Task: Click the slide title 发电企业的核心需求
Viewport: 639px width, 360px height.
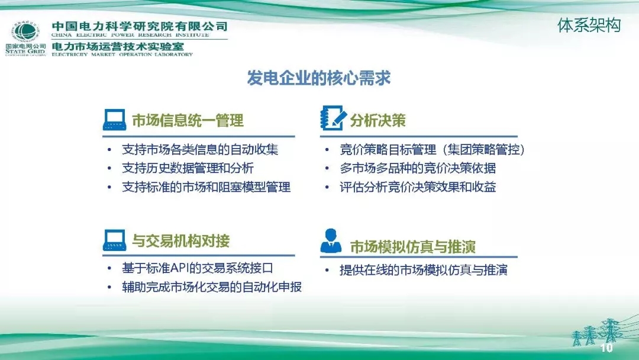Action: [319, 79]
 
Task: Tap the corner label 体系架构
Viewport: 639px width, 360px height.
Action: [589, 25]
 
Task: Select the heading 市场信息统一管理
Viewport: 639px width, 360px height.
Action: [188, 121]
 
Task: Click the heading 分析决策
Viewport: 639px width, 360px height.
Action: [377, 121]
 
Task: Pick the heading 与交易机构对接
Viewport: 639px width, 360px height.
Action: [180, 241]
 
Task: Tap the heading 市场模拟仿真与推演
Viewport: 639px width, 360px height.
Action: [413, 246]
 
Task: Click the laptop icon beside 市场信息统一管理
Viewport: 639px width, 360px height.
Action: [114, 120]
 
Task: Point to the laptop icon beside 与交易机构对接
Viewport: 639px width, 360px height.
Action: [114, 240]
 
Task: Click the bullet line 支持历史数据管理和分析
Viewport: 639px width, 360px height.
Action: [188, 168]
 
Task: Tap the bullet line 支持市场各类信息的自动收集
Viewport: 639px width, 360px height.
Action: [200, 149]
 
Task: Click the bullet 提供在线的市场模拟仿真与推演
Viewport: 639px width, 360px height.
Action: [424, 271]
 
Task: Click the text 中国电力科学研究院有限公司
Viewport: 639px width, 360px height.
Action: [140, 27]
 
